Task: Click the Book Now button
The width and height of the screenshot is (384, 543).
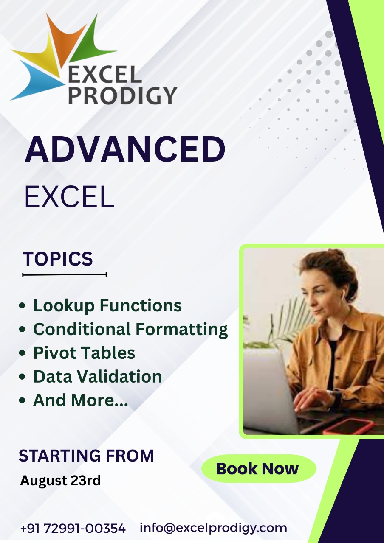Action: coord(259,468)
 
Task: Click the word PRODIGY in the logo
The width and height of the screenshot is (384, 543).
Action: coord(123,95)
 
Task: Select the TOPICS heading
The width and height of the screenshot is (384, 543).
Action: coord(57,259)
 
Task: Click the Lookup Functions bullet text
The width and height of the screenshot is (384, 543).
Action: coord(107,305)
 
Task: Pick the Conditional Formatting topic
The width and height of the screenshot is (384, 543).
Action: coord(130,330)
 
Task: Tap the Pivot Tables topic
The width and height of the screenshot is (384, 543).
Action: coord(84,353)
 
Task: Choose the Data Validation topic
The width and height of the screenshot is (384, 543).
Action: coord(98,376)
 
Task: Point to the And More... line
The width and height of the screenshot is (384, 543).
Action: coord(80,400)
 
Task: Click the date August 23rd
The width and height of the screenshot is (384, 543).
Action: coord(60,480)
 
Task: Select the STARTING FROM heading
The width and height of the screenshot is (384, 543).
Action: coord(86,455)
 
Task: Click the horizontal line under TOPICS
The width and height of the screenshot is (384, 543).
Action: coord(65,274)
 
